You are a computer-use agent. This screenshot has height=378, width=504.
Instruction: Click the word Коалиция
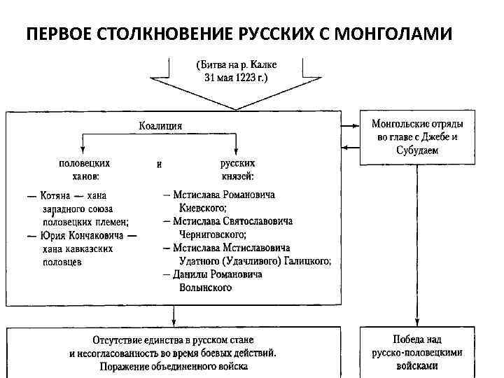[160, 126]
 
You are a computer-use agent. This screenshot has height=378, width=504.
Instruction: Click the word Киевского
[202, 208]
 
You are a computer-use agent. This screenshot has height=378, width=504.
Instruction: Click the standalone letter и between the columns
[159, 164]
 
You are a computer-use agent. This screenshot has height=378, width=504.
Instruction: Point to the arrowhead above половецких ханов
[83, 150]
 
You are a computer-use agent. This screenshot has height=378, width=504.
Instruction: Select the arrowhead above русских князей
[237, 150]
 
